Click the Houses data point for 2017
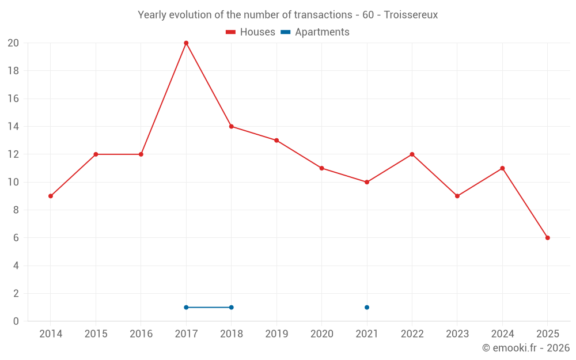(x=186, y=43)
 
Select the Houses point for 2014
(x=51, y=196)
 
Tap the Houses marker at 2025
(x=547, y=238)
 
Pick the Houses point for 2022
(x=412, y=154)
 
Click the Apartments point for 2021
(x=367, y=307)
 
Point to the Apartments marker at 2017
(x=186, y=307)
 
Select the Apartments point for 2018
(x=231, y=307)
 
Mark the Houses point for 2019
(x=276, y=141)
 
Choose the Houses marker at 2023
(x=457, y=196)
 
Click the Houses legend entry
(x=251, y=32)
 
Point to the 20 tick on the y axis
(x=13, y=43)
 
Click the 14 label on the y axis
(x=13, y=127)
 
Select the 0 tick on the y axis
(x=16, y=321)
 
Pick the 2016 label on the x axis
(x=141, y=334)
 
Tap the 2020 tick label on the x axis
(x=321, y=334)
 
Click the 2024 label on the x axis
(x=502, y=334)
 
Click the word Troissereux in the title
(x=410, y=15)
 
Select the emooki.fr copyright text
(x=526, y=348)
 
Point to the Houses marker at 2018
(x=231, y=127)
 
